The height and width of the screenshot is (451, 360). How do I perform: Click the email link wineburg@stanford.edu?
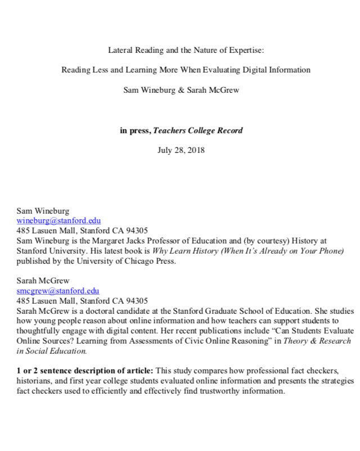point(58,221)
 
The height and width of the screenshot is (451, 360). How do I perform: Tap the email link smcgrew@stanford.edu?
point(58,291)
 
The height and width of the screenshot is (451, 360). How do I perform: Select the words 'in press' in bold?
point(135,130)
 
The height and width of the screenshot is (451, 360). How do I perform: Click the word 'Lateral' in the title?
point(121,50)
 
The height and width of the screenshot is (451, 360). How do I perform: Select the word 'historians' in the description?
point(35,381)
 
